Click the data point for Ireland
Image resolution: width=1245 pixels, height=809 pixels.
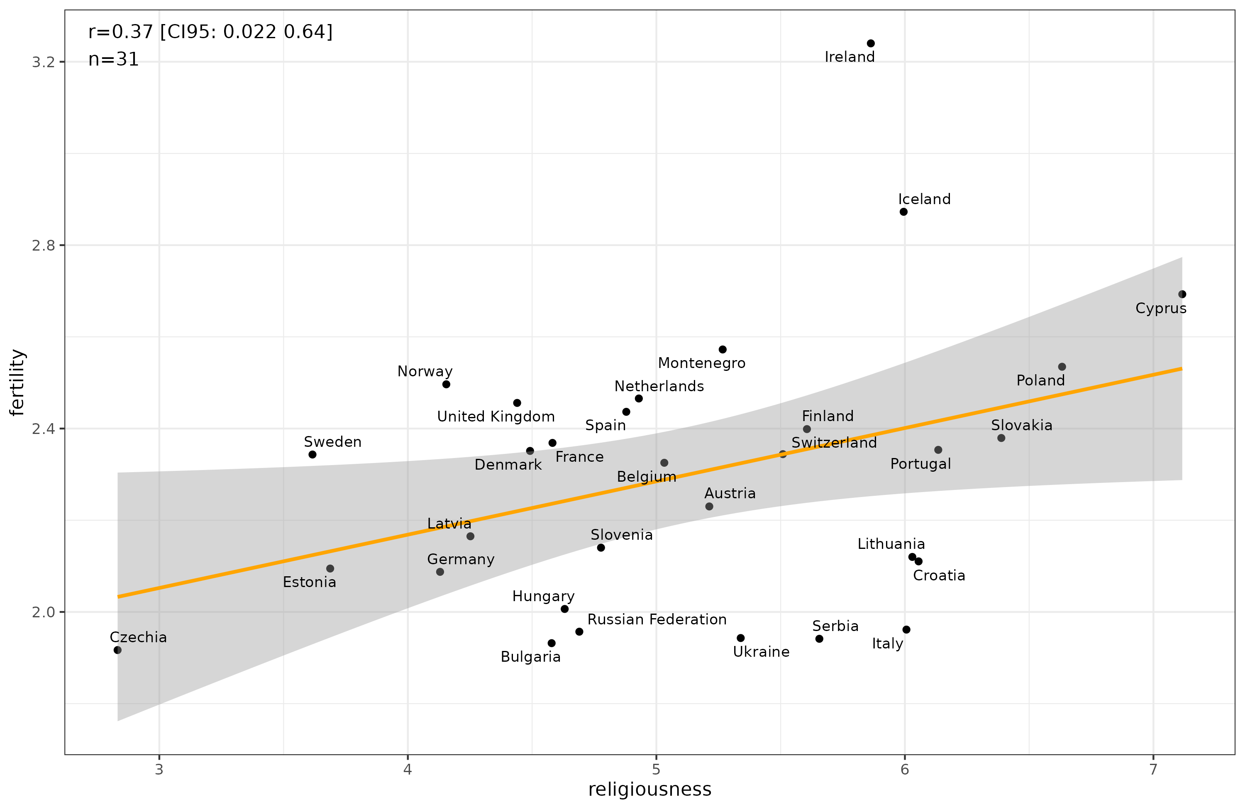(x=870, y=44)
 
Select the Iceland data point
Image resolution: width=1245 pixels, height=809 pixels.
(x=903, y=212)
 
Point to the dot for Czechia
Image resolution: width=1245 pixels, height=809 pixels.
(x=118, y=650)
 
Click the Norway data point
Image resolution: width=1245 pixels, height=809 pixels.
(x=446, y=384)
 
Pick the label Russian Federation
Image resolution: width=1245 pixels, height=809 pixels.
(x=657, y=620)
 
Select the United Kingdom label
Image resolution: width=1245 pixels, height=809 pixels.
(x=496, y=417)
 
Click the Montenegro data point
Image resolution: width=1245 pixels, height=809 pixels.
(x=723, y=349)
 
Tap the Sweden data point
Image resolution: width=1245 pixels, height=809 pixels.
(x=312, y=454)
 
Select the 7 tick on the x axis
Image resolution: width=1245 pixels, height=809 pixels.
(x=1153, y=770)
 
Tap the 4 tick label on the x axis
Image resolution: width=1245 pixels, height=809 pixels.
(x=408, y=770)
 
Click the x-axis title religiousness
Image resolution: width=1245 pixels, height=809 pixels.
(x=650, y=790)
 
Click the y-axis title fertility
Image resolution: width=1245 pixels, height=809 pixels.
(x=17, y=382)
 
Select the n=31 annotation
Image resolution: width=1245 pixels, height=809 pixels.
(x=114, y=60)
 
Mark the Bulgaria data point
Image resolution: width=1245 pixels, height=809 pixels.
(x=552, y=643)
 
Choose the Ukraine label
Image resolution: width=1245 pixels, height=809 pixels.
(x=761, y=652)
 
